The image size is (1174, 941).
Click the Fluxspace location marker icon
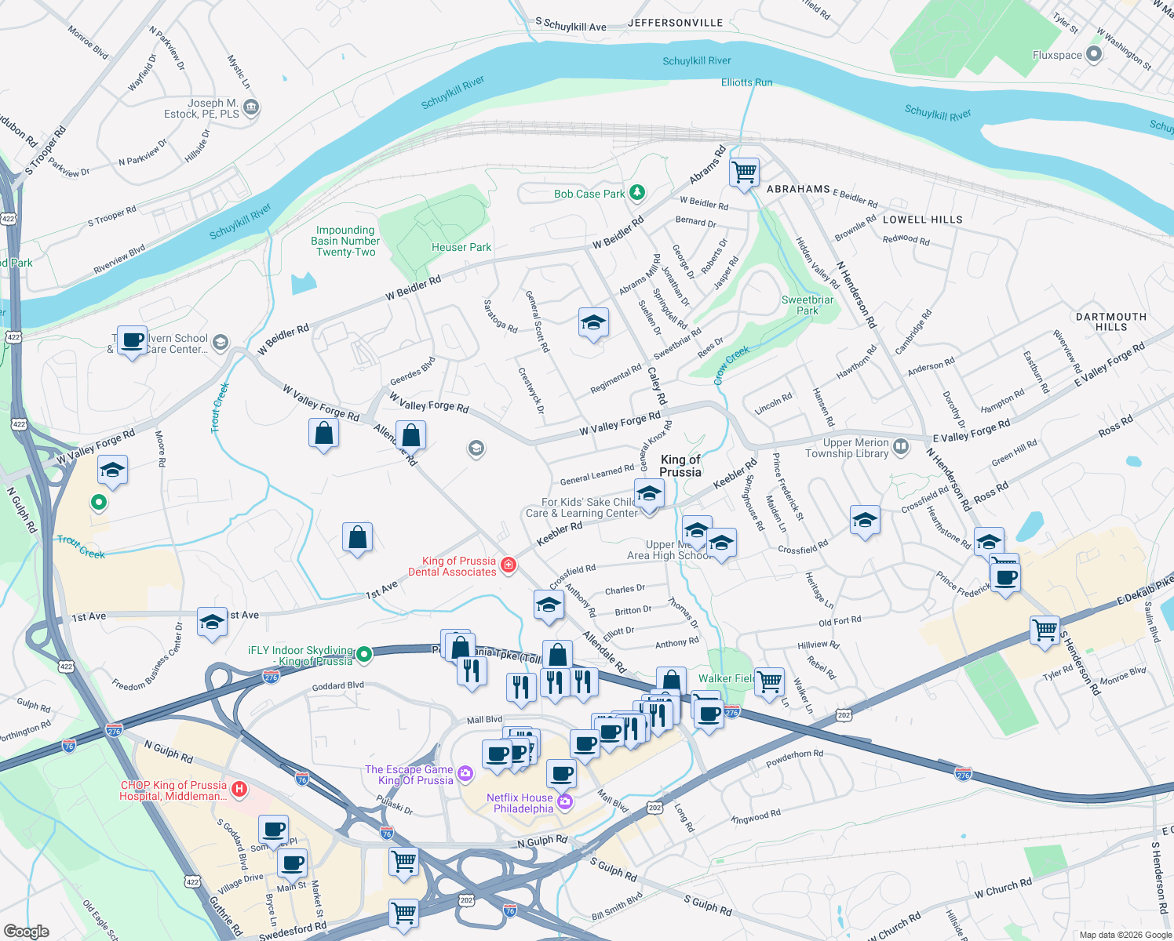[x=1094, y=55]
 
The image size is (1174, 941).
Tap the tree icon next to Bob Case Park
[x=637, y=193]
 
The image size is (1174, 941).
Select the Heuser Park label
[x=461, y=248]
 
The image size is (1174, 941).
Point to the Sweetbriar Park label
[x=808, y=305]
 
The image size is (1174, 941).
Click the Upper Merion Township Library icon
[x=900, y=447]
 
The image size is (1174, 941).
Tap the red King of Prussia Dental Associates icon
[x=509, y=565]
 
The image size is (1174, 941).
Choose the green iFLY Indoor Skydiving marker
[x=363, y=654]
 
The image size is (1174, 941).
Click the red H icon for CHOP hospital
[x=240, y=789]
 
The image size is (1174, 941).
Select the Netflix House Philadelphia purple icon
[x=565, y=802]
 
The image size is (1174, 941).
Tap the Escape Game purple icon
[x=465, y=774]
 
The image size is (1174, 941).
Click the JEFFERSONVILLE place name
[x=675, y=23]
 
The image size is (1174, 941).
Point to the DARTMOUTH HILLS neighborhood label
[x=1110, y=322]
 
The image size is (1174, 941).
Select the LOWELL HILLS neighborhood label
[x=922, y=220]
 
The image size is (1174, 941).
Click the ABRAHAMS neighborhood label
[x=798, y=189]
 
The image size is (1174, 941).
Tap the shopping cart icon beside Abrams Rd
[x=743, y=171]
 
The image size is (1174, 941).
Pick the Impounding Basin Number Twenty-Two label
[x=345, y=242]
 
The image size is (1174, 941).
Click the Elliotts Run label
[x=746, y=82]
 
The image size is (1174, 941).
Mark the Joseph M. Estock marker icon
[x=251, y=107]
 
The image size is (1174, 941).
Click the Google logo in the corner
[x=26, y=931]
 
